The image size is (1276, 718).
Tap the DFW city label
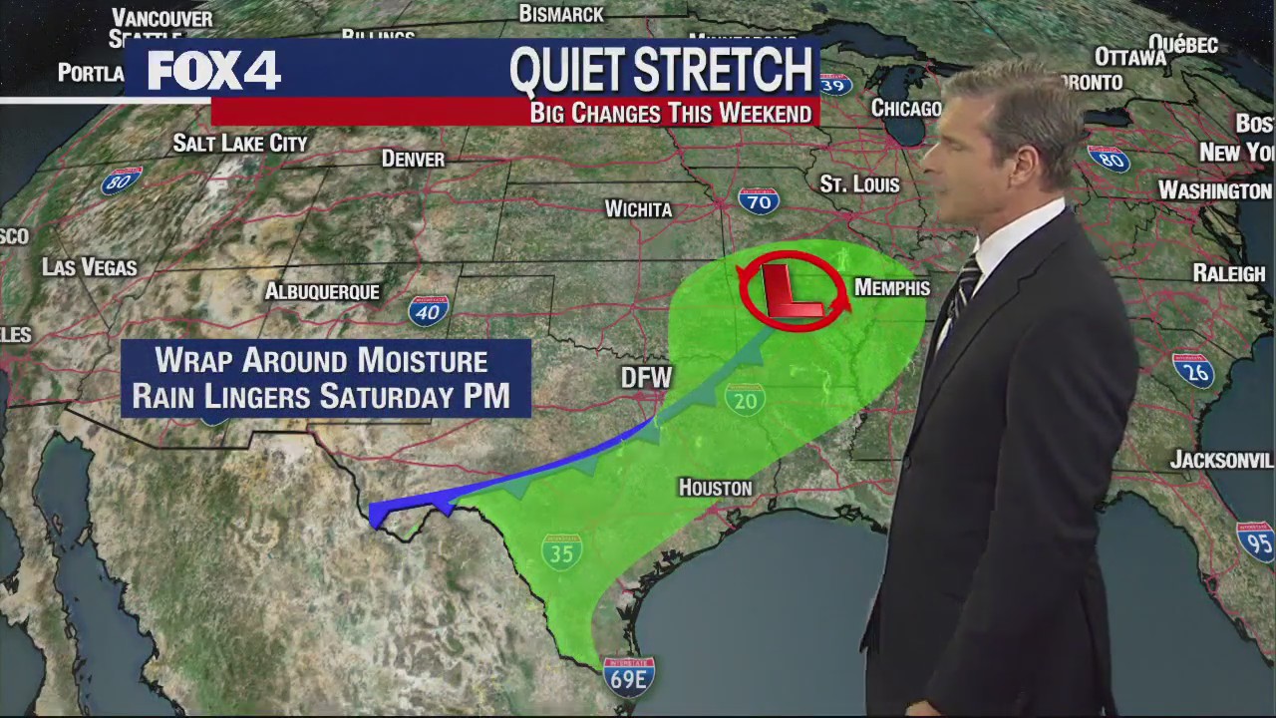click(646, 378)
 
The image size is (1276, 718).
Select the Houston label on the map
click(715, 488)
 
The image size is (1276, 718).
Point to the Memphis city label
click(892, 288)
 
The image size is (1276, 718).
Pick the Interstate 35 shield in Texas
click(561, 550)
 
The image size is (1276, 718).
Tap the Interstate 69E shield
click(629, 677)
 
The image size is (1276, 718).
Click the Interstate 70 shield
click(759, 201)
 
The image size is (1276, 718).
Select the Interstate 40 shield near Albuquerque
click(429, 311)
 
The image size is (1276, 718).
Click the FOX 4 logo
click(214, 71)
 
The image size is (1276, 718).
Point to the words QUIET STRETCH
click(661, 70)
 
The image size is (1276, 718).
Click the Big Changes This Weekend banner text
click(670, 113)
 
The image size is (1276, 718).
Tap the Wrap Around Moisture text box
click(325, 378)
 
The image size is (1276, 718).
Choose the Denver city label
click(413, 160)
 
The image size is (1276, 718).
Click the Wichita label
click(638, 209)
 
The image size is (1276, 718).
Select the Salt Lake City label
click(240, 144)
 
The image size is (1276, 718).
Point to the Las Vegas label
click(90, 267)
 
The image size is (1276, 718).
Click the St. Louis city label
click(859, 184)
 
